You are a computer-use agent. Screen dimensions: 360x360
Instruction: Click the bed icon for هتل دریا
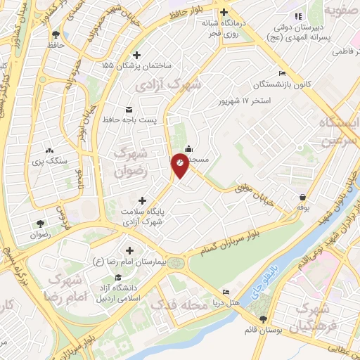[x=226, y=292]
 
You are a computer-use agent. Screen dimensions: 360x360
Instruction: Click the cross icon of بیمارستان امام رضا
[x=130, y=250]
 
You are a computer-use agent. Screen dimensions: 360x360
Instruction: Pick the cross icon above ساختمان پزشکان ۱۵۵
[x=136, y=54]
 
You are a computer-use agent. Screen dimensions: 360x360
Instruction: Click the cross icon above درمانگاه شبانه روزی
[x=224, y=12]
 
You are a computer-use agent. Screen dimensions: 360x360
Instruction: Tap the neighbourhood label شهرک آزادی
[x=169, y=85]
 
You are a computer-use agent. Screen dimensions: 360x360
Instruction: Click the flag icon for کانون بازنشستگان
[x=282, y=74]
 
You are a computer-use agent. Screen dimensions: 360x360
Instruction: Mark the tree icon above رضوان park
[x=38, y=224]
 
